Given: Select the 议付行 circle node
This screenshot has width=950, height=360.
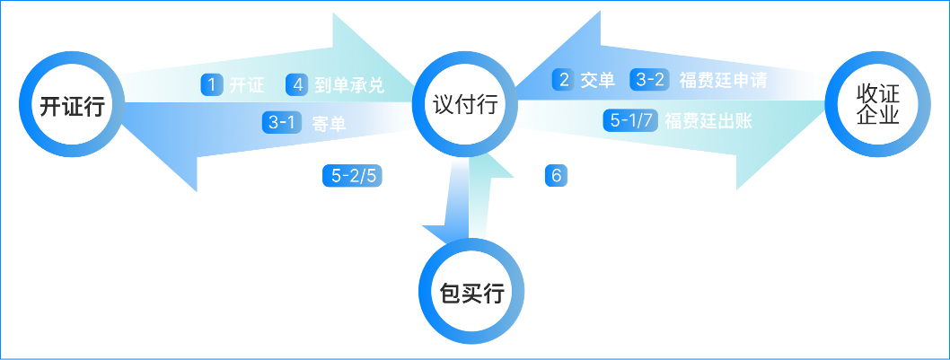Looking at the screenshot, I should (466, 104).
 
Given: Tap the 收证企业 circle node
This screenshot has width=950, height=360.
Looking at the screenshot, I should (866, 105).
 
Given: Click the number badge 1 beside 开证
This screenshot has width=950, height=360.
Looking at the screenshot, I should (212, 85).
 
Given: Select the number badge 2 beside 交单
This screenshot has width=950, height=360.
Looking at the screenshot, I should (564, 79).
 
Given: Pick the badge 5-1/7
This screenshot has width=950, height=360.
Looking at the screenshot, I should (629, 121).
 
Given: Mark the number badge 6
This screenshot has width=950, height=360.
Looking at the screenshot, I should (557, 175).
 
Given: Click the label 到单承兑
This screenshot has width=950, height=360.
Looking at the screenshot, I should (349, 86).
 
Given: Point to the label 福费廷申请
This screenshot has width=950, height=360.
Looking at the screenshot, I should (723, 80).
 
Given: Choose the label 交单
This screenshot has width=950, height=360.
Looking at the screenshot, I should (598, 80).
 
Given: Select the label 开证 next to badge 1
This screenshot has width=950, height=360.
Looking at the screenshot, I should (247, 86).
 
